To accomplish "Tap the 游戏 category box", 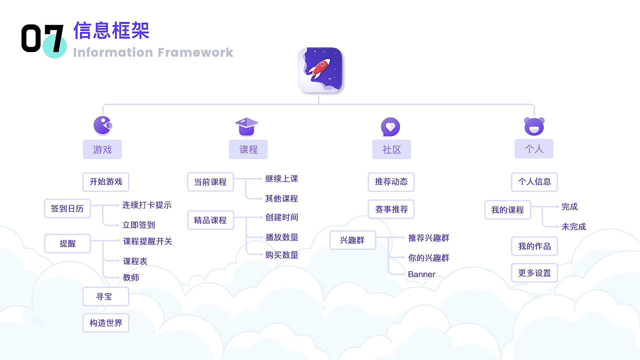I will click(102, 149).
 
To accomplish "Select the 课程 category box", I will click(248, 149).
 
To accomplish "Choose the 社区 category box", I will click(391, 149).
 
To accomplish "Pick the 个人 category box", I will click(534, 149).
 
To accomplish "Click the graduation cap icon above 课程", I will click(246, 126).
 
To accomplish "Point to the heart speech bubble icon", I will click(390, 127).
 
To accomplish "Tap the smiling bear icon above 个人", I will click(534, 126).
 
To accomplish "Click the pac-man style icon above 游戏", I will click(103, 125).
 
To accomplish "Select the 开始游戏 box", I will click(105, 182).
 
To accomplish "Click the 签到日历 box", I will click(67, 208).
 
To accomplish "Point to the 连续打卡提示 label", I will click(147, 205).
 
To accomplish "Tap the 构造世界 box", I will click(105, 323).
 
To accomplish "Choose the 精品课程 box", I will click(210, 220).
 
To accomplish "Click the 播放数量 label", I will click(282, 237).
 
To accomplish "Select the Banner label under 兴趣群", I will click(421, 274).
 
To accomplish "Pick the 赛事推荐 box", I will click(391, 209).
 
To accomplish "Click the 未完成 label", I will click(573, 226).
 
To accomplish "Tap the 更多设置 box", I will click(534, 273).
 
